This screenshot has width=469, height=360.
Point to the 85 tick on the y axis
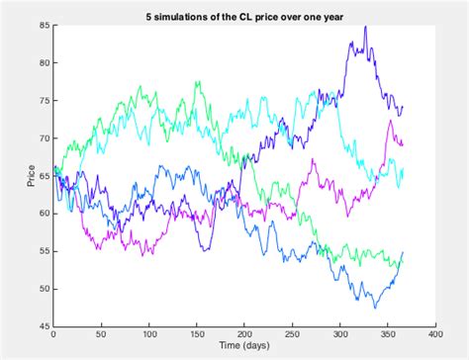(46, 25)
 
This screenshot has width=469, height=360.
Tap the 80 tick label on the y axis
(46, 62)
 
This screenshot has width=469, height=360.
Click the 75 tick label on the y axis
(46, 100)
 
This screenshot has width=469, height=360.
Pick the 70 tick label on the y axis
(46, 137)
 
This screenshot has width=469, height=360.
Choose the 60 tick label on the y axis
(46, 214)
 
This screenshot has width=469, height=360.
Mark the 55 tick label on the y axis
(46, 251)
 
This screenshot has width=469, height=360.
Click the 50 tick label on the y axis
(46, 289)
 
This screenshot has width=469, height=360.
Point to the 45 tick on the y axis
(46, 326)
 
